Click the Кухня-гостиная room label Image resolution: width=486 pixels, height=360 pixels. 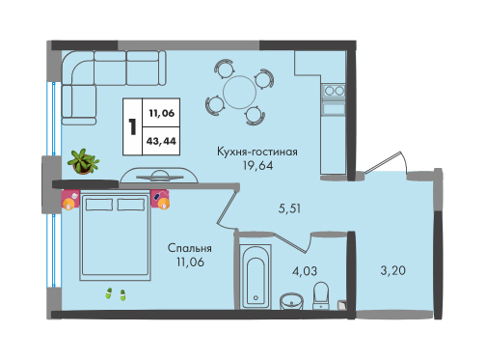point(257,152)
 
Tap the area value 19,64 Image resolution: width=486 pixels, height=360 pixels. point(257,165)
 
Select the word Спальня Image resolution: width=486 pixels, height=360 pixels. point(190,248)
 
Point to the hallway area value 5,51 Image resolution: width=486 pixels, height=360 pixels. point(289,208)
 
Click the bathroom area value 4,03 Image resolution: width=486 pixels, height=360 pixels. point(305,271)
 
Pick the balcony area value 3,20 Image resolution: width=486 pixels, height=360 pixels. point(392,270)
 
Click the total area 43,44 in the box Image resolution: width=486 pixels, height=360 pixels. point(161,141)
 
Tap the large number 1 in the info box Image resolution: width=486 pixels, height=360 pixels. point(132,126)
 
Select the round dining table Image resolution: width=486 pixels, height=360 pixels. point(239,93)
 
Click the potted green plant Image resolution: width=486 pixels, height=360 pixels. point(84,161)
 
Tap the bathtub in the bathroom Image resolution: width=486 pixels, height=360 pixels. point(256,277)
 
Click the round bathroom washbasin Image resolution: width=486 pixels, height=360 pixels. point(291,301)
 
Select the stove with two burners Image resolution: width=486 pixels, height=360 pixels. point(335,91)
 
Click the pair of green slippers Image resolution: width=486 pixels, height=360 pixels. point(116,294)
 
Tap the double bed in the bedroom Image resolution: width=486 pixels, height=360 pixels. point(115,235)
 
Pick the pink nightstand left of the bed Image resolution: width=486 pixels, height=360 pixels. point(70,200)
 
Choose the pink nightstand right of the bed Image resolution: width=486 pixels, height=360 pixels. point(160,200)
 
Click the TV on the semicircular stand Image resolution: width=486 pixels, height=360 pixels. point(159,177)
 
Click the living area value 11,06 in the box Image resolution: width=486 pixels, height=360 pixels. point(161,113)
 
